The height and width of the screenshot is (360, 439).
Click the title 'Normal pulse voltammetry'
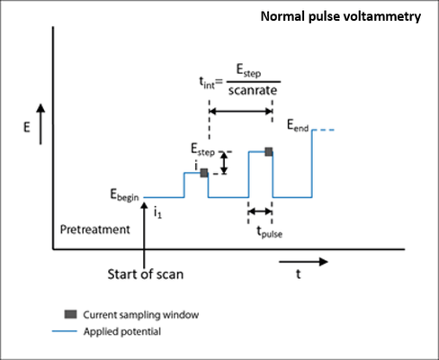341,16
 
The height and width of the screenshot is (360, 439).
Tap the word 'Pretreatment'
94,229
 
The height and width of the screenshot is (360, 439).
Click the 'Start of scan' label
146,274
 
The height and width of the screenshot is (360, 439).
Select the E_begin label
124,195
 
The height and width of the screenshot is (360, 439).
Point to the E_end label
298,125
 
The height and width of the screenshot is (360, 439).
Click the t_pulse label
269,232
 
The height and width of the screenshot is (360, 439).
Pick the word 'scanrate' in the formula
253,90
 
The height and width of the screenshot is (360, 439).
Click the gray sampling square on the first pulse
204,173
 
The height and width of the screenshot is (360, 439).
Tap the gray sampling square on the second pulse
269,152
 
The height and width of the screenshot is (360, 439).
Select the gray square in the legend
70,314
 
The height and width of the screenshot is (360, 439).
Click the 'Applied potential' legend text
122,331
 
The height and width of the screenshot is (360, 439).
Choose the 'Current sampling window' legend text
141,315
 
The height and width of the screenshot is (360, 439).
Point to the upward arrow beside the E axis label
40,124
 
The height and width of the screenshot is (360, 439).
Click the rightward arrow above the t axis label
303,262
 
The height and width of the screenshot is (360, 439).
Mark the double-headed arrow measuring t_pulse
260,211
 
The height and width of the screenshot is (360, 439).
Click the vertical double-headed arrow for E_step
224,163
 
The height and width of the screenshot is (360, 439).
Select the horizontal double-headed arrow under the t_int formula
241,112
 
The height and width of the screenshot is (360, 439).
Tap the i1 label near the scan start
157,212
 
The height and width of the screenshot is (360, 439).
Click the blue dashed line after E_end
323,130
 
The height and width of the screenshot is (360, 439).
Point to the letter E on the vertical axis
27,127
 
